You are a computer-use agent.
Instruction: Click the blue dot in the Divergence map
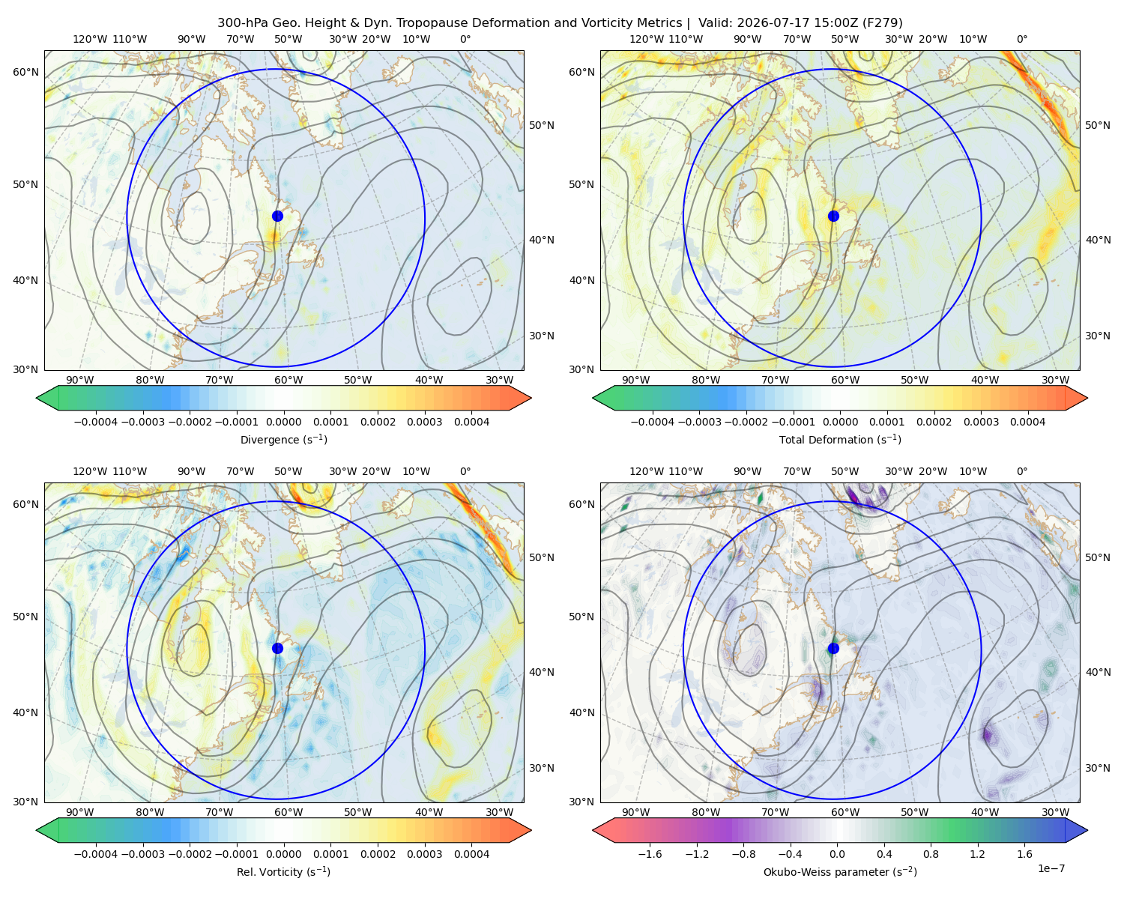tap(277, 216)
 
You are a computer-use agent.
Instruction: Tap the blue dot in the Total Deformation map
tap(833, 216)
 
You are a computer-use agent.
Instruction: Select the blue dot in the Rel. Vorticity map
tap(277, 648)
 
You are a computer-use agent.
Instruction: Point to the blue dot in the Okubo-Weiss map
tap(833, 648)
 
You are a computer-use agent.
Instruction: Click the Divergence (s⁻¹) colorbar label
tap(283, 439)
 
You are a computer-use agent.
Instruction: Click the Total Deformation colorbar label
tap(840, 439)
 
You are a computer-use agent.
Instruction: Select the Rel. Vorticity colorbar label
tap(283, 871)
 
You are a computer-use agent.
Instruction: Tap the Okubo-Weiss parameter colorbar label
tap(840, 871)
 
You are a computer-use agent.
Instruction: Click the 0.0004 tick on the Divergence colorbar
tap(471, 422)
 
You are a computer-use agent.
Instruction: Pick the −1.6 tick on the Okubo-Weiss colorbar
tap(650, 853)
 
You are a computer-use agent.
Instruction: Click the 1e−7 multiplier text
tap(1051, 868)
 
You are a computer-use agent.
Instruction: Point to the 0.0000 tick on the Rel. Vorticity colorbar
tap(283, 853)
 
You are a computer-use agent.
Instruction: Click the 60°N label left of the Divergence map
tap(25, 72)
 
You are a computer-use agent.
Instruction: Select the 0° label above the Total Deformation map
tap(1021, 39)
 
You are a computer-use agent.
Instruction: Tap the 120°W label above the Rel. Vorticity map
tap(90, 471)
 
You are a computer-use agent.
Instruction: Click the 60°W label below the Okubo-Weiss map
tap(844, 812)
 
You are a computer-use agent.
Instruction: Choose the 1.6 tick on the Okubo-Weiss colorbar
tap(1024, 853)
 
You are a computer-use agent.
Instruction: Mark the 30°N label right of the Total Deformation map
tap(1097, 336)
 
